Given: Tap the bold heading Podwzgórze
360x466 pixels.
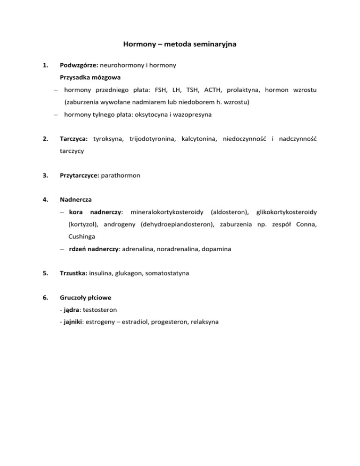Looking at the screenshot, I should (x=77, y=66).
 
